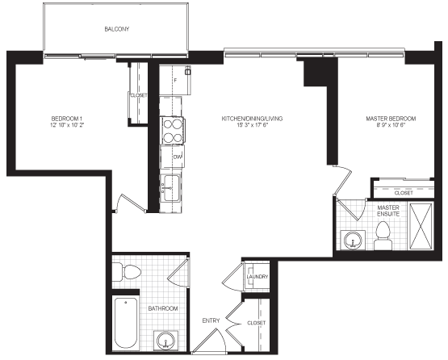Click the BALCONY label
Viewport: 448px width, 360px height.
[116, 29]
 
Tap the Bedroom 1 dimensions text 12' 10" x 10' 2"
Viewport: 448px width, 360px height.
[67, 125]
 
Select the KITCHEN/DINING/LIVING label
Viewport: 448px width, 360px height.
[252, 119]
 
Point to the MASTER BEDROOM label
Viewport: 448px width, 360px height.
[391, 119]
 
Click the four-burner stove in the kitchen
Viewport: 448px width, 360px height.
[172, 131]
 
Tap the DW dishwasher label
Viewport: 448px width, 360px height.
[178, 157]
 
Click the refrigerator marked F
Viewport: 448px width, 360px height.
[175, 80]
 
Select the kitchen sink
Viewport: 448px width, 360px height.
[170, 188]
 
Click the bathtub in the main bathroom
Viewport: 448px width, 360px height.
[125, 322]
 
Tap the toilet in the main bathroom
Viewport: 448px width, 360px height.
[127, 271]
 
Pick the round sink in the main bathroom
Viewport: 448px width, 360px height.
[166, 341]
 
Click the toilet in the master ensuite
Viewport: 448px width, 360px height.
[383, 236]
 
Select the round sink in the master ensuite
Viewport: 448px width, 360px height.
[353, 240]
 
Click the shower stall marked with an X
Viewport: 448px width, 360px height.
[421, 226]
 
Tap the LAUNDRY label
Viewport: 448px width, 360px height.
[257, 277]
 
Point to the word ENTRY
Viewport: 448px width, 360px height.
[211, 320]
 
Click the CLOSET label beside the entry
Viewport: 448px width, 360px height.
[256, 323]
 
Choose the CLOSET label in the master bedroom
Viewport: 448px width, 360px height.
[404, 193]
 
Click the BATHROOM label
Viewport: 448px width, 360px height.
[163, 308]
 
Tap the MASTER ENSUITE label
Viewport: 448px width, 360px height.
[388, 211]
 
